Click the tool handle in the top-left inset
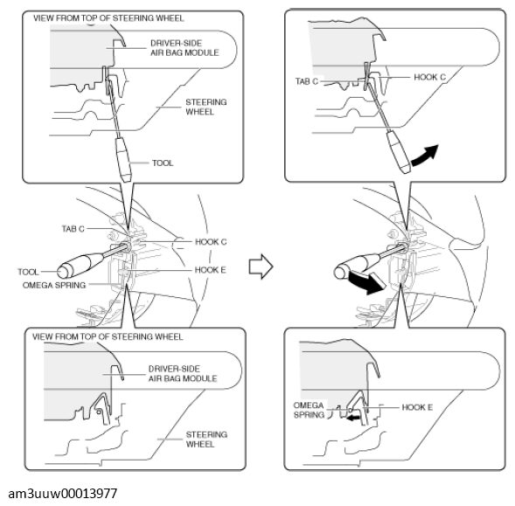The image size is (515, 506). click(119, 159)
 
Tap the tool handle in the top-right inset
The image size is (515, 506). click(400, 153)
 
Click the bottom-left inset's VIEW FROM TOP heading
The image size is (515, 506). click(108, 335)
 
